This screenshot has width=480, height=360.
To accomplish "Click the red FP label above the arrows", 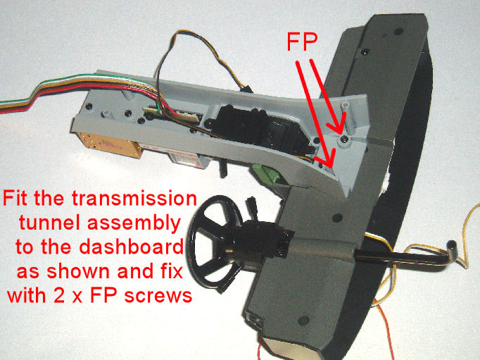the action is click(x=302, y=42).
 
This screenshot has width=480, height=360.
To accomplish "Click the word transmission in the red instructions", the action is click(x=134, y=198).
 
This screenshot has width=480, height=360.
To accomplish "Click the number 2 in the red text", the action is click(x=59, y=295).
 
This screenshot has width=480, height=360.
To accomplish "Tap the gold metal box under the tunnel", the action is click(x=110, y=145).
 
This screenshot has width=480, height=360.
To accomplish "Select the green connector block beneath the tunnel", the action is click(x=267, y=175).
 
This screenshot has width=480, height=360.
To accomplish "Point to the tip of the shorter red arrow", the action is click(x=341, y=133).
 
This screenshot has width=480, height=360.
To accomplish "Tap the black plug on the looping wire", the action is click(x=246, y=89).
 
